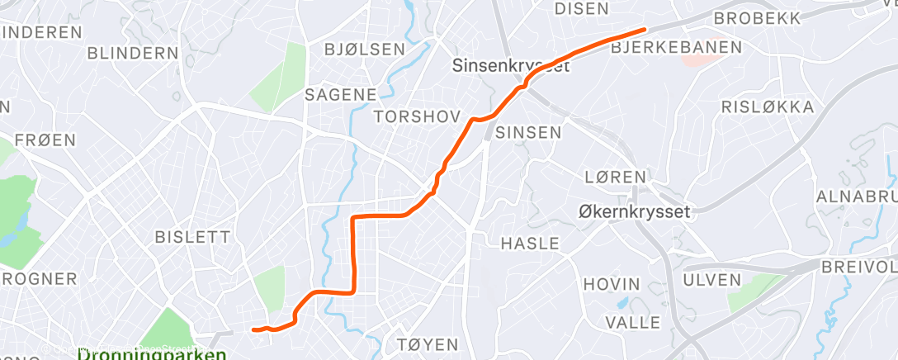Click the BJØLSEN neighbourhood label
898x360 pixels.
[x=365, y=50]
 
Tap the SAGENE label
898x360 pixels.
[x=341, y=94]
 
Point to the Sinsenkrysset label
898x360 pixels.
[x=511, y=67]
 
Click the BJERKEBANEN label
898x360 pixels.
[x=676, y=48]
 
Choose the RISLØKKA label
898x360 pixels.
[x=768, y=107]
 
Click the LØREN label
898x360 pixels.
[x=614, y=177]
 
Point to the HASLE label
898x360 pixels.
[x=530, y=244]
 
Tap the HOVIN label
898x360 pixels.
[x=612, y=283]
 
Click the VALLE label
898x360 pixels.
[x=632, y=321]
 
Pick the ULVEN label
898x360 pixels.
[x=712, y=280]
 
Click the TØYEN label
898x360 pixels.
[x=428, y=343]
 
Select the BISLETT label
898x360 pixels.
[x=193, y=237]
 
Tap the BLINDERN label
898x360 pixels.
[x=132, y=53]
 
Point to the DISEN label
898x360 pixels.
[x=582, y=9]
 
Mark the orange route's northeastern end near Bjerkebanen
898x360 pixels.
[x=642, y=31]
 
